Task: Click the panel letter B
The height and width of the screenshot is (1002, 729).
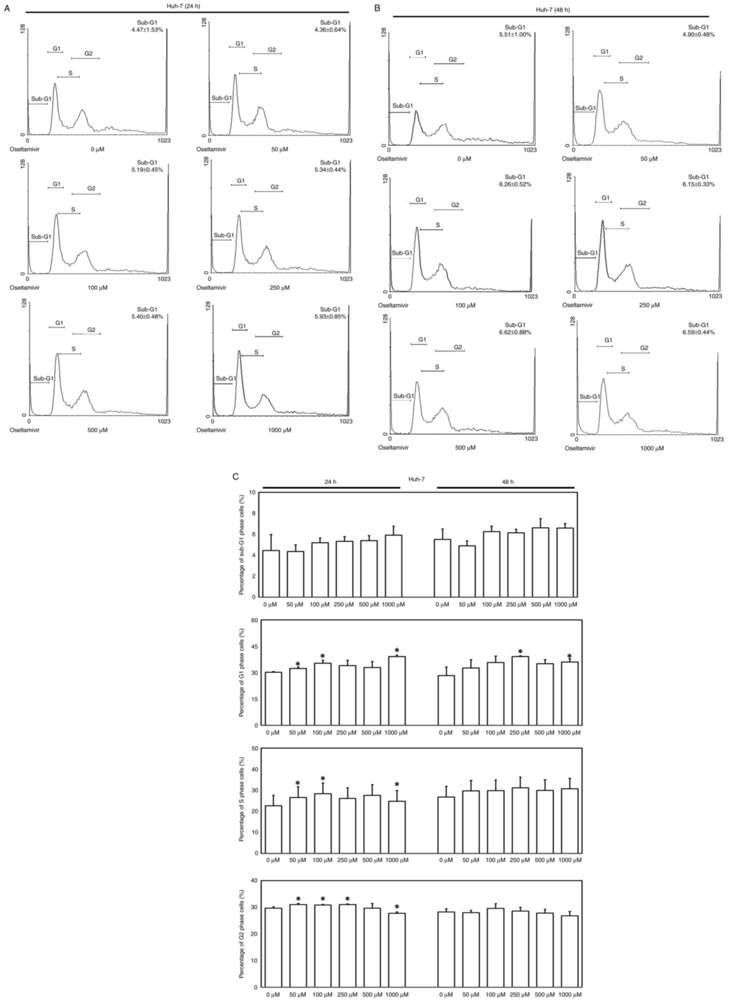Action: [x=376, y=8]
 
